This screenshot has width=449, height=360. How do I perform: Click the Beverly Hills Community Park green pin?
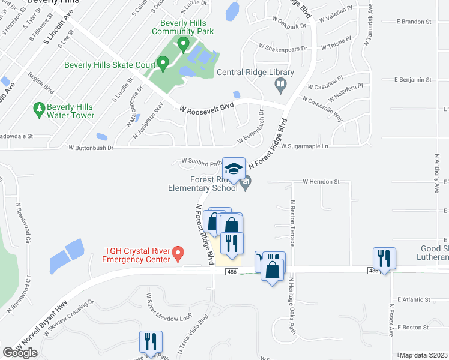pyautogui.click(x=184, y=43)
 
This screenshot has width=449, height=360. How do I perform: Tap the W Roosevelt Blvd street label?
pyautogui.click(x=206, y=108)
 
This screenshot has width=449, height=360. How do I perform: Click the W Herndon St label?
pyautogui.click(x=321, y=181)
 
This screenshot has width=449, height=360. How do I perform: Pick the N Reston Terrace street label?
pyautogui.click(x=292, y=223)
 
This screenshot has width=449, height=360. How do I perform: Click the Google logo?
pyautogui.click(x=20, y=353)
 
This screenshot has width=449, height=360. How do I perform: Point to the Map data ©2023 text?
pyautogui.click(x=424, y=355)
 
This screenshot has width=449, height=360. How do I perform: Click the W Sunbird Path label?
pyautogui.click(x=197, y=161)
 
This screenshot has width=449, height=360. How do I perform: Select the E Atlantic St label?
pyautogui.click(x=414, y=299)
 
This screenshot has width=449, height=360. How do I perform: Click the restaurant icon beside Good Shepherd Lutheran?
pyautogui.click(x=383, y=259)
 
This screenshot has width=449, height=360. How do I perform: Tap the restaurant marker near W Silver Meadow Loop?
pyautogui.click(x=151, y=342)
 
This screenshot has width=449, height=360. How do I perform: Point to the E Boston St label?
pyautogui.click(x=412, y=328)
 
